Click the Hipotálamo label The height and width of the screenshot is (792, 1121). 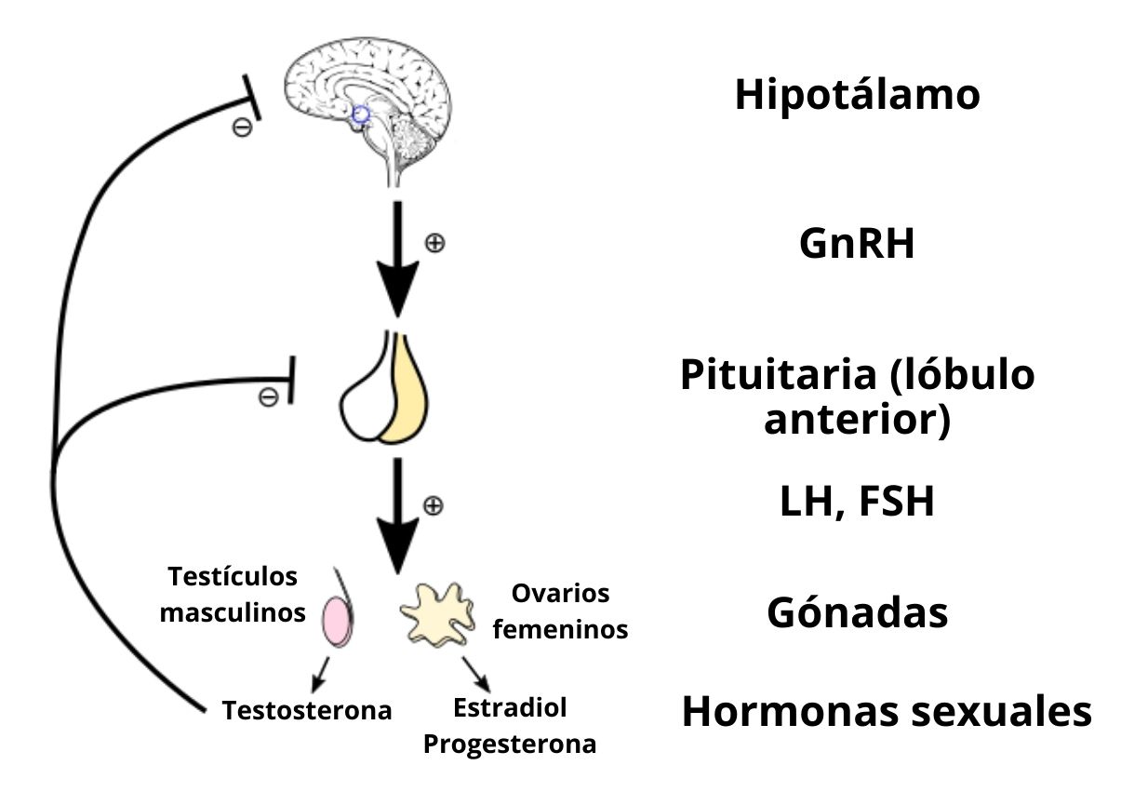857,95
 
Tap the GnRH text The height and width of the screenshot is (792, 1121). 857,245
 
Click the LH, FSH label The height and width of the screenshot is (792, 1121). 856,503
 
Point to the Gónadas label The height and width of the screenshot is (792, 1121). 857,613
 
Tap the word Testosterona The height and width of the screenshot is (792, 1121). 307,711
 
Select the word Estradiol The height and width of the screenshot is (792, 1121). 510,708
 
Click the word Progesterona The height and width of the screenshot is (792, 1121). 510,745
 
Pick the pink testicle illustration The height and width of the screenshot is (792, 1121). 336,621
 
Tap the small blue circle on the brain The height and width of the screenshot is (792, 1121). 361,114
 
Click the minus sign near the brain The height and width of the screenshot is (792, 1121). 241,128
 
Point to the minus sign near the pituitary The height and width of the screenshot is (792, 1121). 268,397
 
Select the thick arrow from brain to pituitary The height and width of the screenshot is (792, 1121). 397,261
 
